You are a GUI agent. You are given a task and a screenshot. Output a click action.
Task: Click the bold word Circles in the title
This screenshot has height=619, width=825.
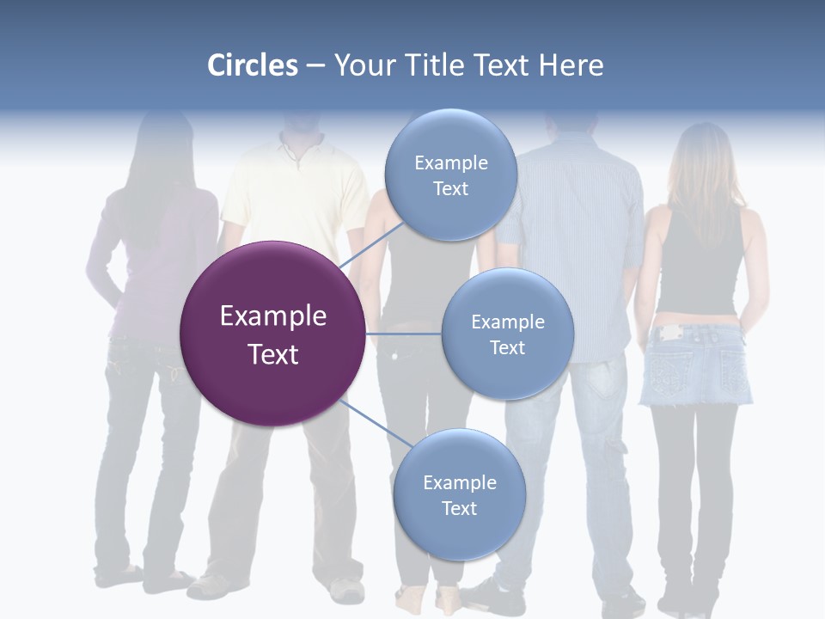[x=253, y=65]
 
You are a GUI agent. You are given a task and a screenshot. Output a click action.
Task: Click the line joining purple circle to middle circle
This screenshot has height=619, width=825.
[x=403, y=334]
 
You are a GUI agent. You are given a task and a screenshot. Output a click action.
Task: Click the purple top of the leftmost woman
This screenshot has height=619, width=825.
[x=159, y=258]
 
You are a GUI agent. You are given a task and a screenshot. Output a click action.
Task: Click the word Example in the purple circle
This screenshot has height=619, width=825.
[x=272, y=316]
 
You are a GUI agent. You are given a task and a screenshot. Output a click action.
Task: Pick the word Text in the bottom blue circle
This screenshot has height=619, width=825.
[x=459, y=508]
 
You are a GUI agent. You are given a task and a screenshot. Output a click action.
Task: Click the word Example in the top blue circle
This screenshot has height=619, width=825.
[x=450, y=162]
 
